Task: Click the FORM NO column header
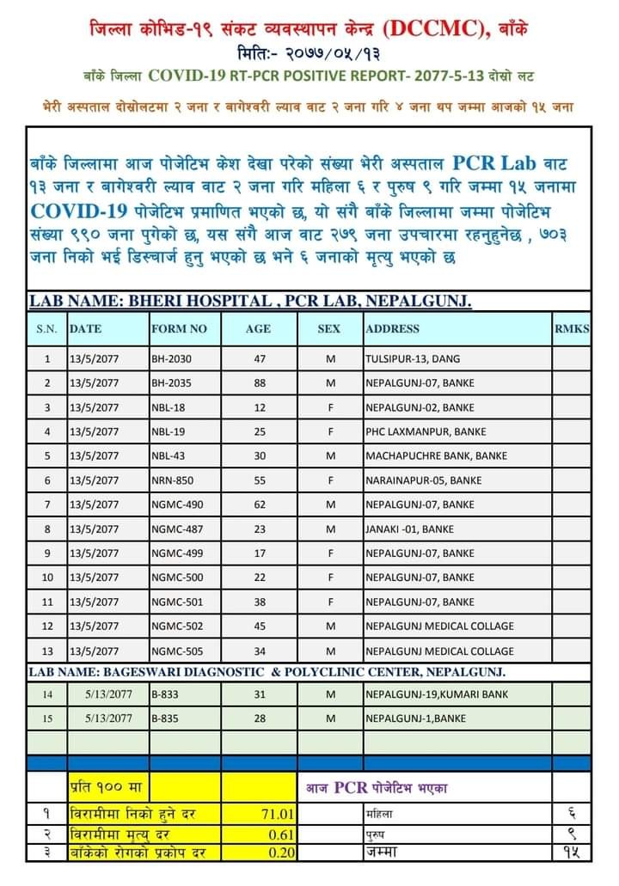pyautogui.click(x=179, y=328)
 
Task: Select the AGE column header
pyautogui.click(x=258, y=328)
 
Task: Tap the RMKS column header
pyautogui.click(x=572, y=328)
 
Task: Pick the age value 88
pyautogui.click(x=259, y=382)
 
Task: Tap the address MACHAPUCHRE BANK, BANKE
pyautogui.click(x=436, y=455)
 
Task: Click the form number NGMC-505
pyautogui.click(x=178, y=651)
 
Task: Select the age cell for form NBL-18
pyautogui.click(x=259, y=406)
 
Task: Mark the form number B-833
pyautogui.click(x=165, y=694)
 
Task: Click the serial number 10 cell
pyautogui.click(x=47, y=577)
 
